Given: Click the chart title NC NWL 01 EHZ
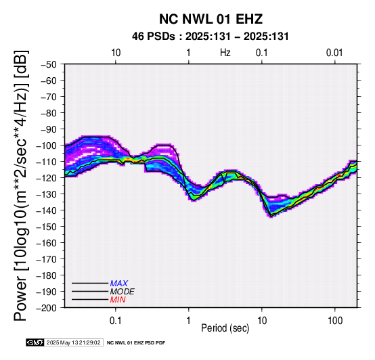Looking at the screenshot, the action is [211, 19].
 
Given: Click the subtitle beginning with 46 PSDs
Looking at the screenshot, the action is [211, 37].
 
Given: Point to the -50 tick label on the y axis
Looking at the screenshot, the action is [49, 64].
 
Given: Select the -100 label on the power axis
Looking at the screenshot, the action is [47, 145].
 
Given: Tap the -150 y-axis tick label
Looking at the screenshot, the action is [47, 227].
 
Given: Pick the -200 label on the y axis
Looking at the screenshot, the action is [47, 308].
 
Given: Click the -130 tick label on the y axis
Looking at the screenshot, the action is [47, 194].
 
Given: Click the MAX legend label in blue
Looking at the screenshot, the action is [119, 284].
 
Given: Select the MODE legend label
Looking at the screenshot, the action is [123, 292].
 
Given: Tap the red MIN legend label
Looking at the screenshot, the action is [118, 300].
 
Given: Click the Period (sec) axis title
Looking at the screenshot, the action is [225, 328].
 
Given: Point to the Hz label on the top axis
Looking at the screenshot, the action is [225, 53].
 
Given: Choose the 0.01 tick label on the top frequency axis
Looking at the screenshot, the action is [334, 53].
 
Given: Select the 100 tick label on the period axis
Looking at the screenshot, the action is [335, 321].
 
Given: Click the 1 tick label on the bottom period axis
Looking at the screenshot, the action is [189, 321].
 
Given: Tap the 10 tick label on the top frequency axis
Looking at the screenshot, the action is [116, 53].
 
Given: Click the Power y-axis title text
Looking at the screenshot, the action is [21, 185].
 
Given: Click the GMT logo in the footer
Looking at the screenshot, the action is [35, 342].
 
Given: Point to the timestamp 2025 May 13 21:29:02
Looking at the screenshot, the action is [73, 342].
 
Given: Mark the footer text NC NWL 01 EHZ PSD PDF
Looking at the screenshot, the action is [136, 343].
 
